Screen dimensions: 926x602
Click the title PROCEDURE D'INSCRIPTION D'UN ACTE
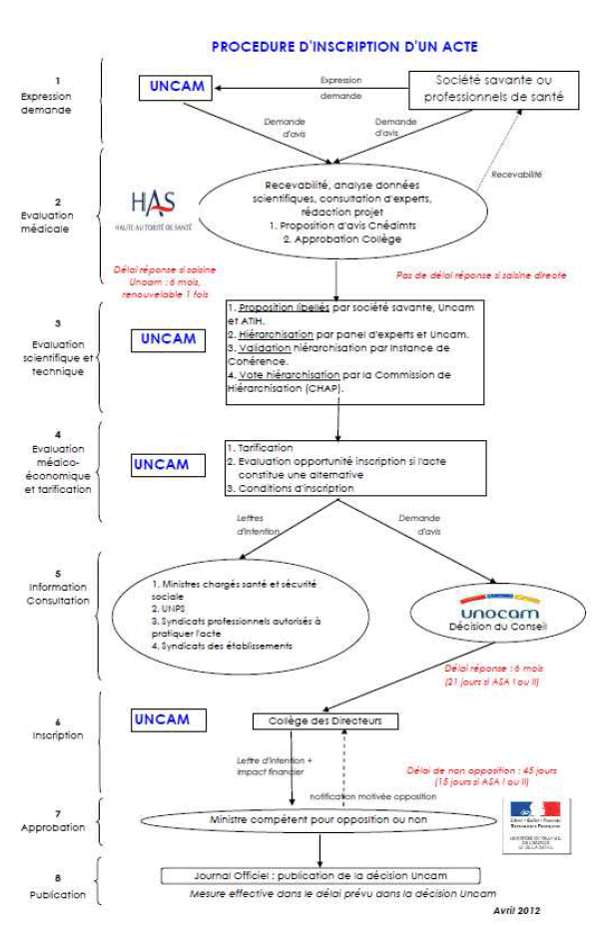click(x=344, y=47)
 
